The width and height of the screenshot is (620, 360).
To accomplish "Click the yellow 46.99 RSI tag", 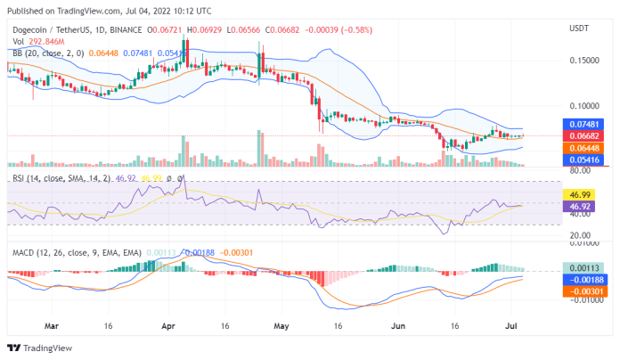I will [580, 194].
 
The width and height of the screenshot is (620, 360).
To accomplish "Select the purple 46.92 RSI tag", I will [580, 206].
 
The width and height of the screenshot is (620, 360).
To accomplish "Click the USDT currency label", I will [581, 27].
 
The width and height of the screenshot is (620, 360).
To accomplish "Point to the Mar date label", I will [53, 327].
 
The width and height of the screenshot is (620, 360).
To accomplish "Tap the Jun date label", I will [399, 327].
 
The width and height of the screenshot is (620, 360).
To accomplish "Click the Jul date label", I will [511, 327].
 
